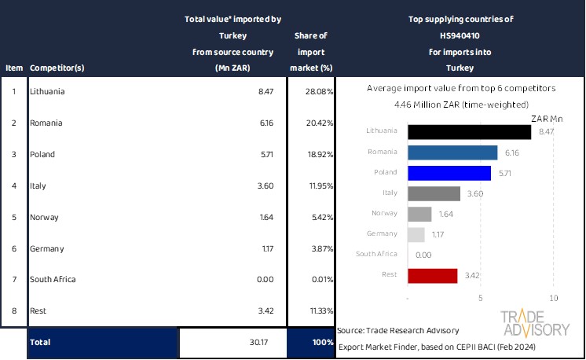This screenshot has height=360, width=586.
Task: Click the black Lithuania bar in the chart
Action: coord(469,131)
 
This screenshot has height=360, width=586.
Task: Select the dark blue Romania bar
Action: coord(452,152)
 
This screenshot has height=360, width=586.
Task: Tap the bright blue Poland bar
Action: coord(449,173)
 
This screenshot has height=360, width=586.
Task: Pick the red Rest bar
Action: coord(433,275)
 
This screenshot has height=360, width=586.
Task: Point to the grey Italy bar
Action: coord(434,193)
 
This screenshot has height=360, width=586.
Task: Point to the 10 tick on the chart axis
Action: coord(553,299)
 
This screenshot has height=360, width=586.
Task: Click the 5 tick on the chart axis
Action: coord(481,299)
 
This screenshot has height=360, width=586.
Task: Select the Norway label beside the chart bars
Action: coord(385,214)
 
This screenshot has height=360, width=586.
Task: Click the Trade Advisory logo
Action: coord(535,323)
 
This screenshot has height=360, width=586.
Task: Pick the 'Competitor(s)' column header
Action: coord(57,68)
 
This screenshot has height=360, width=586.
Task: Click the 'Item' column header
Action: coord(14,68)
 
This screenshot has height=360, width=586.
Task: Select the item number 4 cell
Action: coord(13,186)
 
